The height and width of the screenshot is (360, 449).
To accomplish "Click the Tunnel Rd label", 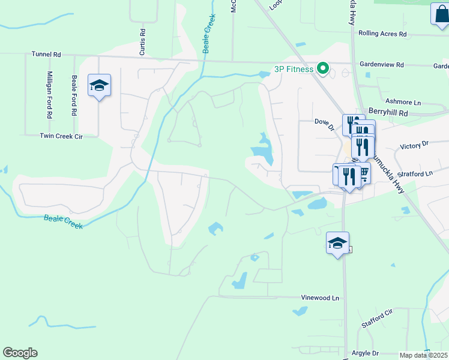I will (x=46, y=54).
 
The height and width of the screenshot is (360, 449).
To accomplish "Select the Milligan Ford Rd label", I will (x=50, y=94).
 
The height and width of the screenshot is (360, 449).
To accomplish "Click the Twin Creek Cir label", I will (x=61, y=136).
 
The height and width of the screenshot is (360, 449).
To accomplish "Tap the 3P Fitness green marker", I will (x=323, y=69).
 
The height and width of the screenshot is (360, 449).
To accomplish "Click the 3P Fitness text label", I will (x=294, y=69).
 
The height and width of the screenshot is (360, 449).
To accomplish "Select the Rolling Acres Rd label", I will (x=382, y=34).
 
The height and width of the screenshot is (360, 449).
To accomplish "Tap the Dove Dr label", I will (x=324, y=124).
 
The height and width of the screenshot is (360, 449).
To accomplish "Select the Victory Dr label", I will (x=415, y=145).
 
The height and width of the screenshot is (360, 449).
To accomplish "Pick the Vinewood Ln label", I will (x=319, y=298).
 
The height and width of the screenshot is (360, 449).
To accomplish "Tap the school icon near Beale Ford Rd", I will (x=99, y=86).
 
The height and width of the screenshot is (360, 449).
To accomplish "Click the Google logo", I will (x=20, y=353).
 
